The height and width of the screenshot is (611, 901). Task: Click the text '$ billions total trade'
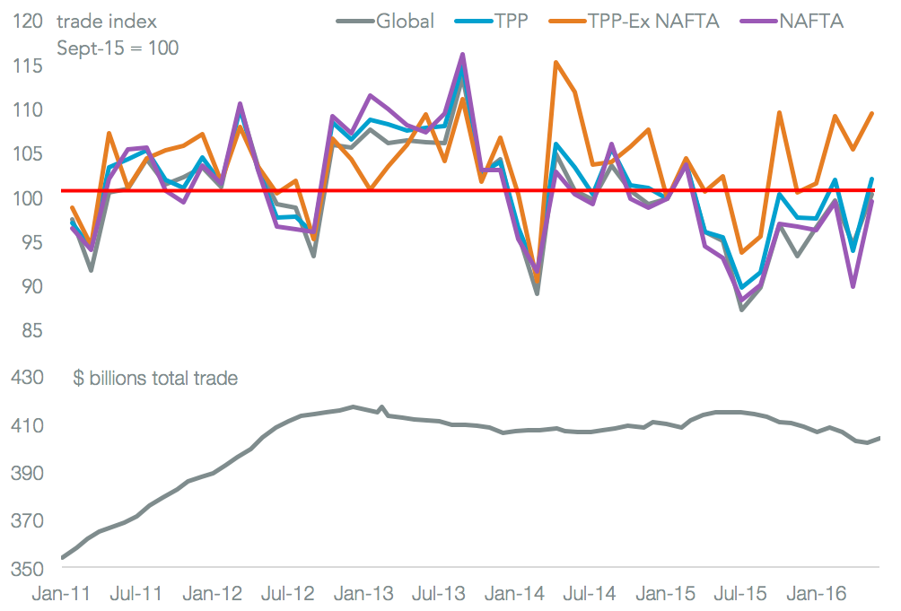tap(155, 379)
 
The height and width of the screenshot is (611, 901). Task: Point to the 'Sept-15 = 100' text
tap(118, 48)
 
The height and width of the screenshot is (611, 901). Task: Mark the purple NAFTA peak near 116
tap(462, 55)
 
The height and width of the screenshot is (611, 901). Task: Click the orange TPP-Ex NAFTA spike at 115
tap(556, 63)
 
